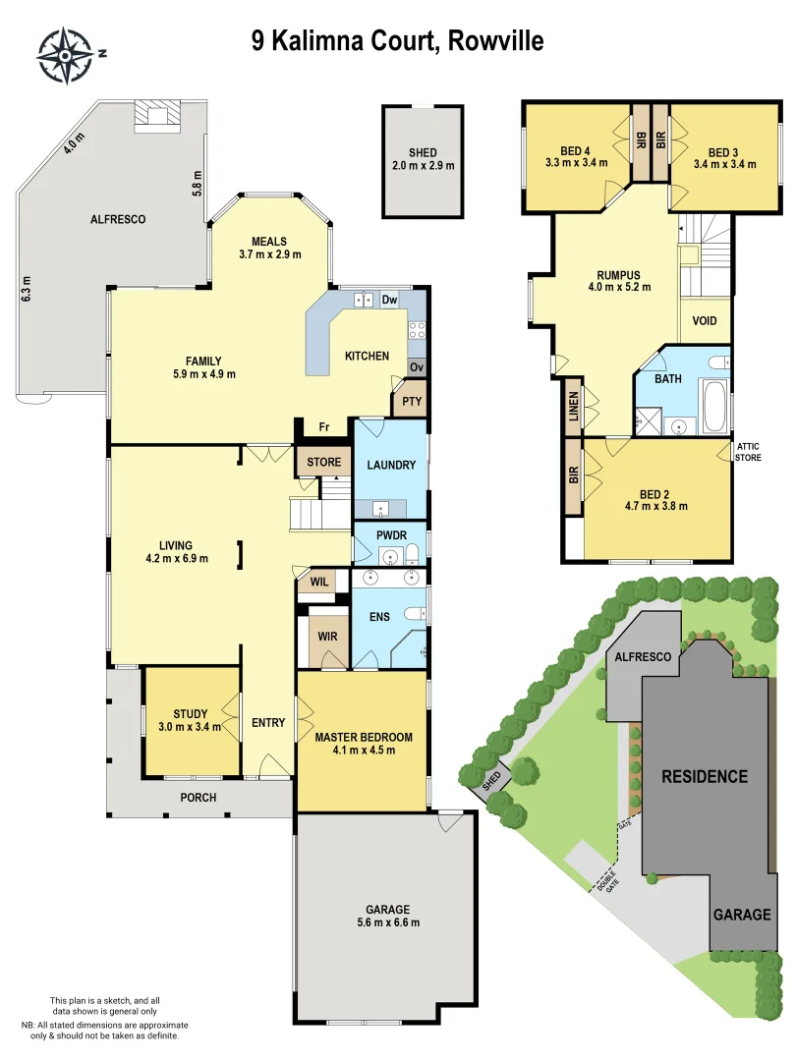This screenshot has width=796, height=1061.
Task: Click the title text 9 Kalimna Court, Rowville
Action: (x=397, y=41)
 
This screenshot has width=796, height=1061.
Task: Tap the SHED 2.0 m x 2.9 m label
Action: (x=423, y=159)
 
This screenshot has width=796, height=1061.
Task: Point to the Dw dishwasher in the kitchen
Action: (x=389, y=300)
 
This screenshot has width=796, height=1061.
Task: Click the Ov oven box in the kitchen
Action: (x=416, y=366)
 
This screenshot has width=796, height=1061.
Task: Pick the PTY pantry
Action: (x=407, y=402)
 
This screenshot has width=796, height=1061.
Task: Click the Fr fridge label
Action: (x=323, y=427)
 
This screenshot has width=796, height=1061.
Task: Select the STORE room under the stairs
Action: (x=323, y=462)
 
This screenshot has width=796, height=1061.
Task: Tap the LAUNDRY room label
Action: (x=391, y=465)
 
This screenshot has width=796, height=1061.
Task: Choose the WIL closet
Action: (x=319, y=581)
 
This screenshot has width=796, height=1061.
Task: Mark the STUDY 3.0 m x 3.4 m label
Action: (x=191, y=720)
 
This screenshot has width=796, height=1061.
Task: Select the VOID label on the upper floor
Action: (x=705, y=321)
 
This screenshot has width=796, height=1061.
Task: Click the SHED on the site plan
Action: (x=491, y=781)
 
